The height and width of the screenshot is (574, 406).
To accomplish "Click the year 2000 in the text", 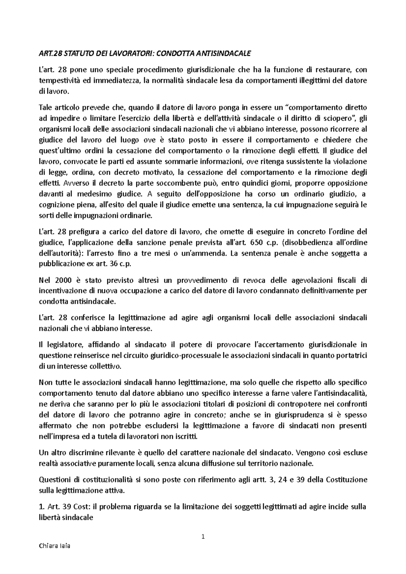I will (63, 280).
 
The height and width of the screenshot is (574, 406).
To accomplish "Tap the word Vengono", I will (312, 452).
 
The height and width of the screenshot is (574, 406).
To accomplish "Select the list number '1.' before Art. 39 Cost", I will (42, 507).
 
